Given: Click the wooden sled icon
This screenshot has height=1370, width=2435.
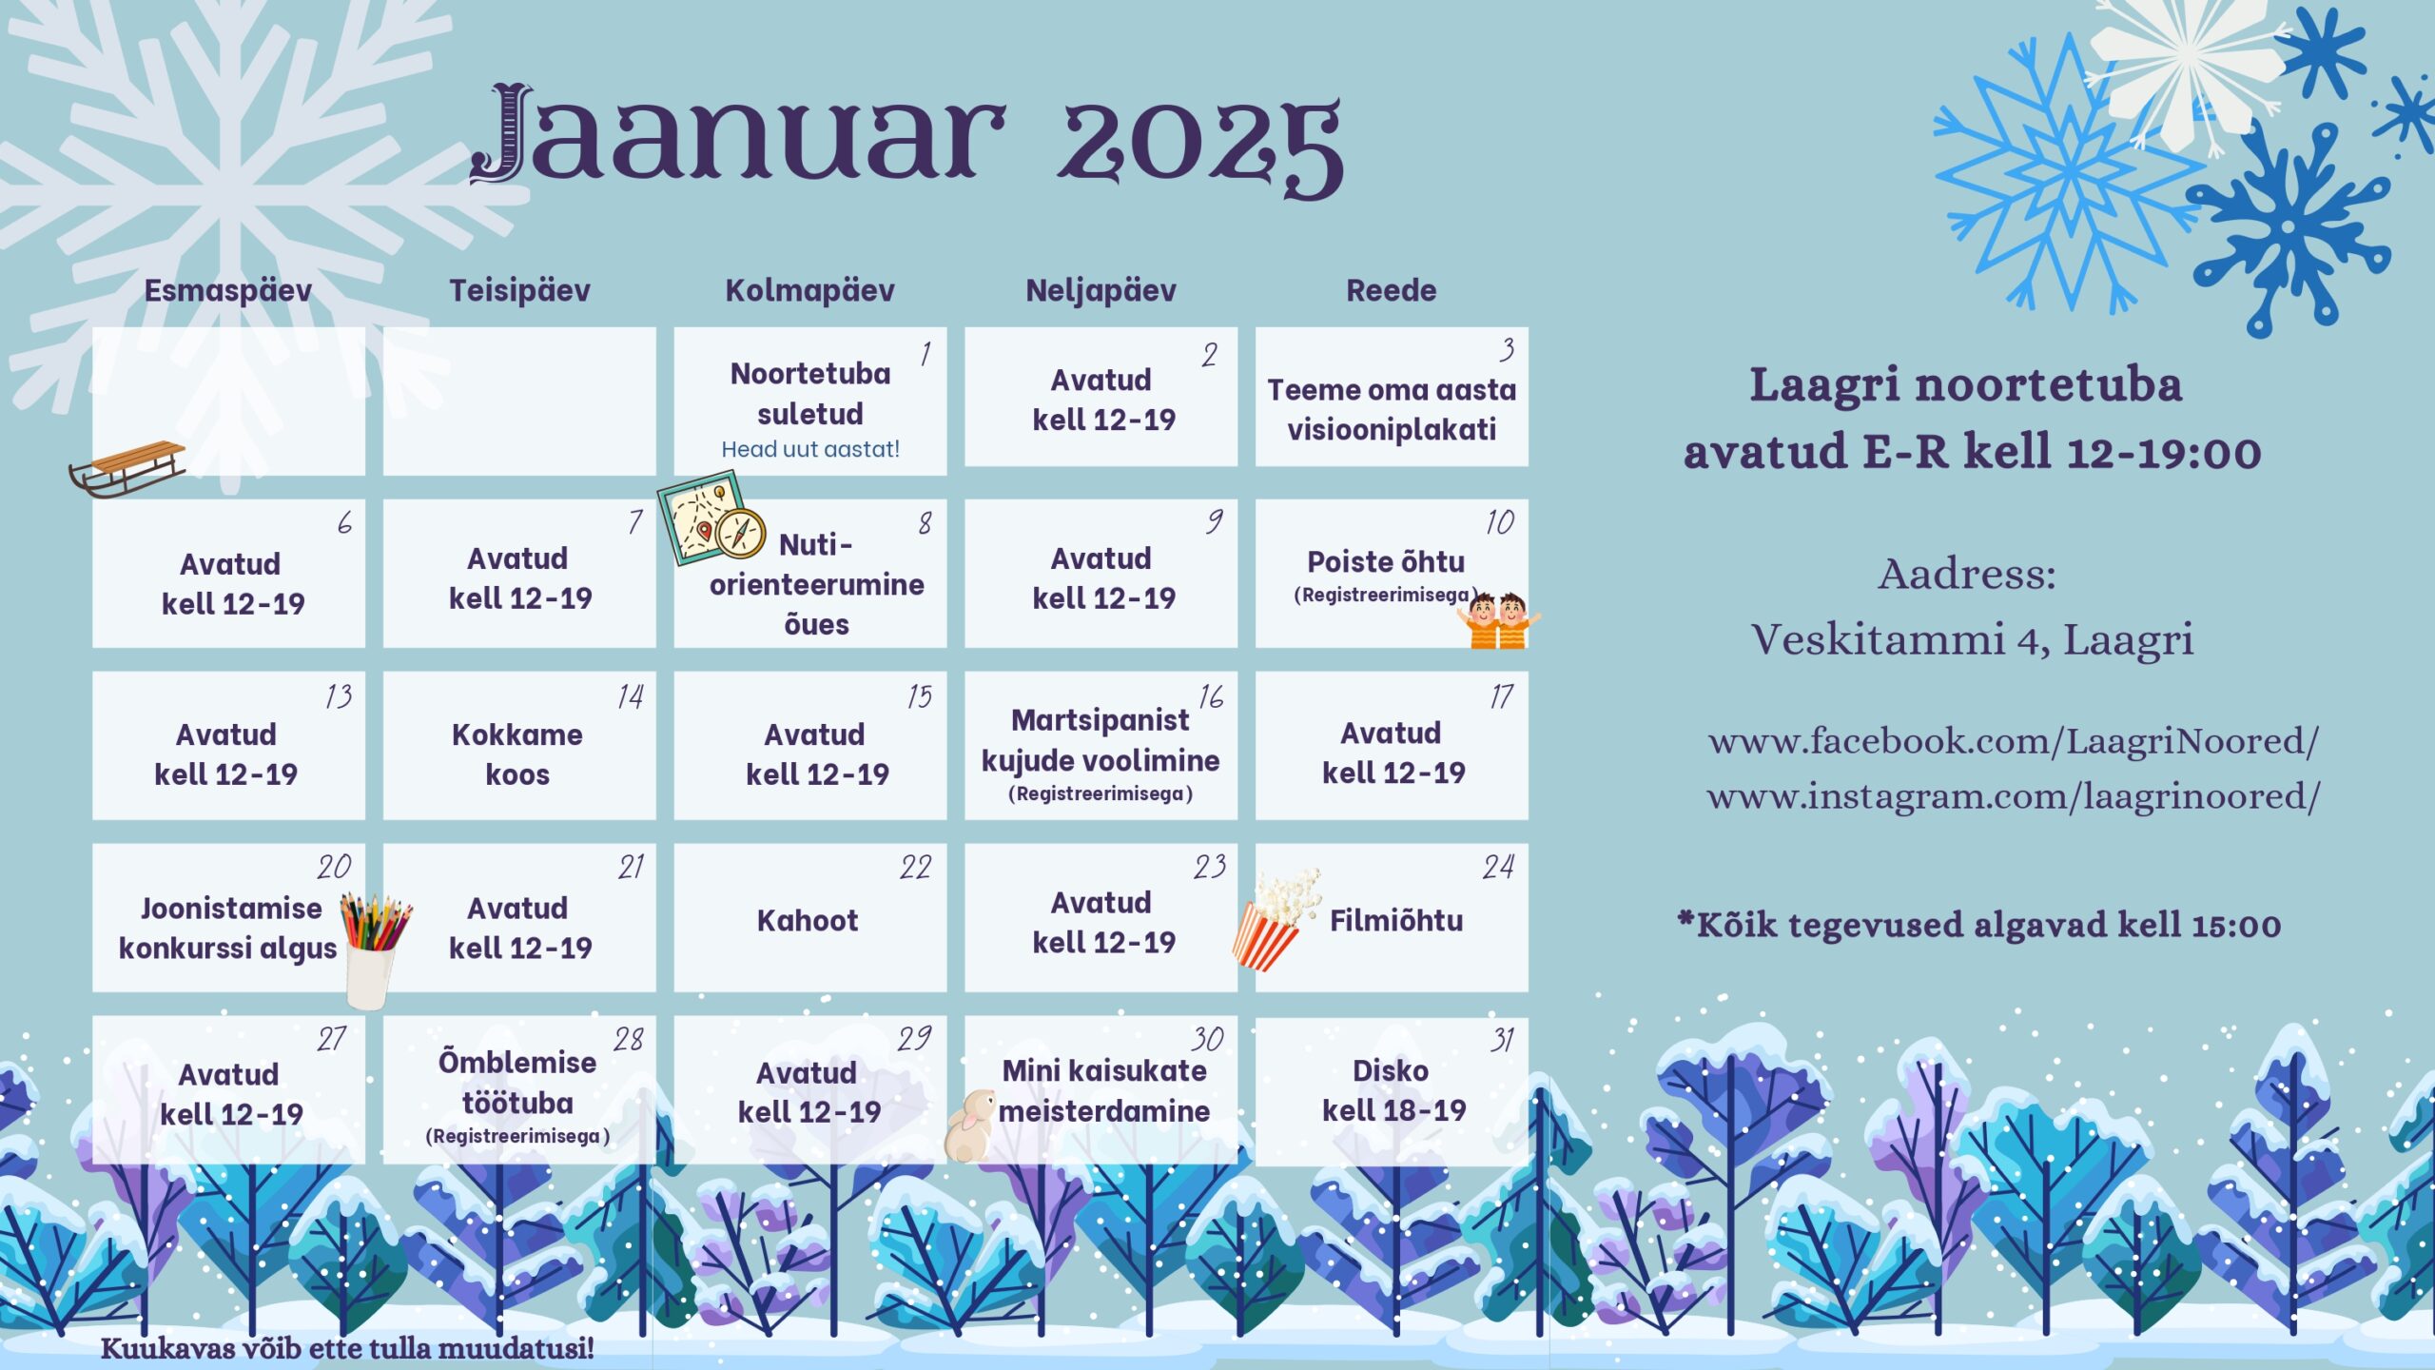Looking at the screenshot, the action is tap(127, 469).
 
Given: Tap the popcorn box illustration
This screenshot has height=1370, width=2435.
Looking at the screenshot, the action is tap(1276, 919).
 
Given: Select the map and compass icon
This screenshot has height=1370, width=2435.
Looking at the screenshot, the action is tap(711, 519).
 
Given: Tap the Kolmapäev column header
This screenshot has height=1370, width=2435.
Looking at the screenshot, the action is tap(809, 290).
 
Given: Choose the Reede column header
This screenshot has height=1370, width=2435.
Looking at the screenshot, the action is tap(1391, 290).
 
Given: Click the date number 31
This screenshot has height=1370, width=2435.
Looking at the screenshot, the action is tap(1503, 1040).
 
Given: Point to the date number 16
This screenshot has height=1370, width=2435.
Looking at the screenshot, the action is tap(1211, 696).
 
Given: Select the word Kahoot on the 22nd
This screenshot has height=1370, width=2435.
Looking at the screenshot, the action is tap(808, 920).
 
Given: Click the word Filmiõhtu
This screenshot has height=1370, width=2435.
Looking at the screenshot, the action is tap(1395, 920).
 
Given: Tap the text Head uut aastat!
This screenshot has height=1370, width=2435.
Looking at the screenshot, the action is tap(810, 449).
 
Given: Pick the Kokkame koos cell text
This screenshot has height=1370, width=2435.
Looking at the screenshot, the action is tap(517, 753).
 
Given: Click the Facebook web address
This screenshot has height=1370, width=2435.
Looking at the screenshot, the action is tap(2014, 741).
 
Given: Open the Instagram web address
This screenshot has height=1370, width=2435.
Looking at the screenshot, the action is tap(2014, 796).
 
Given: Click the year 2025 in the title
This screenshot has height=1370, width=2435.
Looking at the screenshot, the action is tap(1200, 145).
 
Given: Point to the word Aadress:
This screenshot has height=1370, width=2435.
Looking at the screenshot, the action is tap(1967, 575).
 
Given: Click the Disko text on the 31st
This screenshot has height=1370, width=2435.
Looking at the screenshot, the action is tap(1391, 1070).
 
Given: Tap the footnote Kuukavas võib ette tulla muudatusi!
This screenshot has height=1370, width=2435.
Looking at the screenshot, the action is tap(347, 1348).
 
